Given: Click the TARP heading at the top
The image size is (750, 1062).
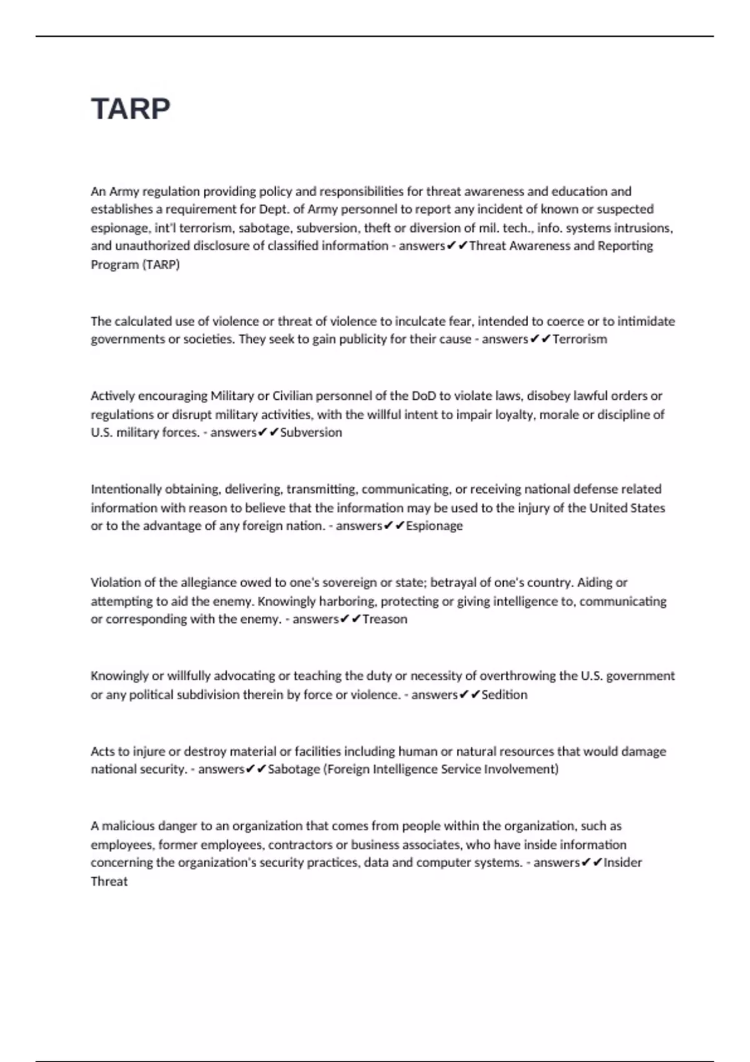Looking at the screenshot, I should tap(131, 109).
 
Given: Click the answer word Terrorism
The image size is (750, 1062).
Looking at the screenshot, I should tap(579, 339).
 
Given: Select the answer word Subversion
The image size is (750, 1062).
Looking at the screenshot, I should tap(311, 432).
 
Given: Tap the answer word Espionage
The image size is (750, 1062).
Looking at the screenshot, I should tap(434, 526).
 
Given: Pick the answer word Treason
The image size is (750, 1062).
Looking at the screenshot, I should tap(384, 619).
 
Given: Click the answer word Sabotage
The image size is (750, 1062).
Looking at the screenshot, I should tap(294, 769).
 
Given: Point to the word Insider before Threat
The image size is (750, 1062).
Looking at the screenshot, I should tap(622, 863).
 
